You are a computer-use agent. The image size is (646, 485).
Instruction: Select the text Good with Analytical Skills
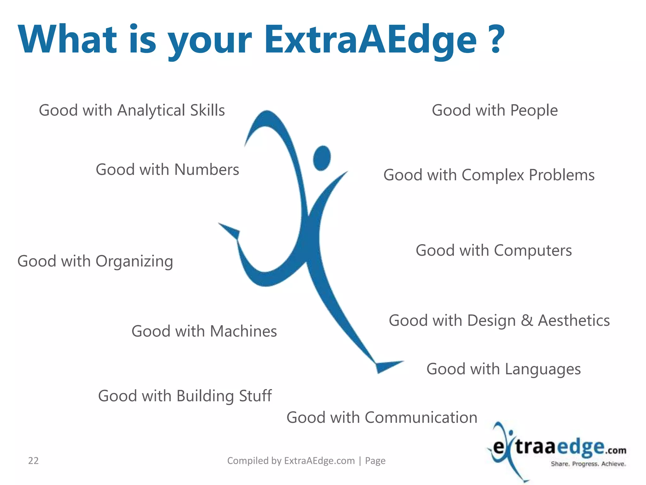(132, 111)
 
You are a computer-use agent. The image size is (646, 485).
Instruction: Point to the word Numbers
(207, 170)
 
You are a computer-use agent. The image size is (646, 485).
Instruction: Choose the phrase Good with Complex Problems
(489, 175)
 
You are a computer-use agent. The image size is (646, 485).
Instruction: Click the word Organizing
(134, 262)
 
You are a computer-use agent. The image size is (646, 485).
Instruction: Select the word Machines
(243, 332)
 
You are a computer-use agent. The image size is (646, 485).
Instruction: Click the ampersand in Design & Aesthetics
(527, 320)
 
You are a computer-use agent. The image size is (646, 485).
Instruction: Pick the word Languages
(543, 369)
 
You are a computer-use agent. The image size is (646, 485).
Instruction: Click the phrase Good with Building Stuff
(185, 396)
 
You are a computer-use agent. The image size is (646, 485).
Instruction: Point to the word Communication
(421, 418)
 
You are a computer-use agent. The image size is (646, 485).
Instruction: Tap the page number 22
(33, 461)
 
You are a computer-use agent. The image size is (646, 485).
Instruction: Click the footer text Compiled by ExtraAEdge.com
(291, 461)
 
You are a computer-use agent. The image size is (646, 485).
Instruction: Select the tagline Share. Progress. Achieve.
(588, 464)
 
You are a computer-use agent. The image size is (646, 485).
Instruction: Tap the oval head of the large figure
(322, 158)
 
